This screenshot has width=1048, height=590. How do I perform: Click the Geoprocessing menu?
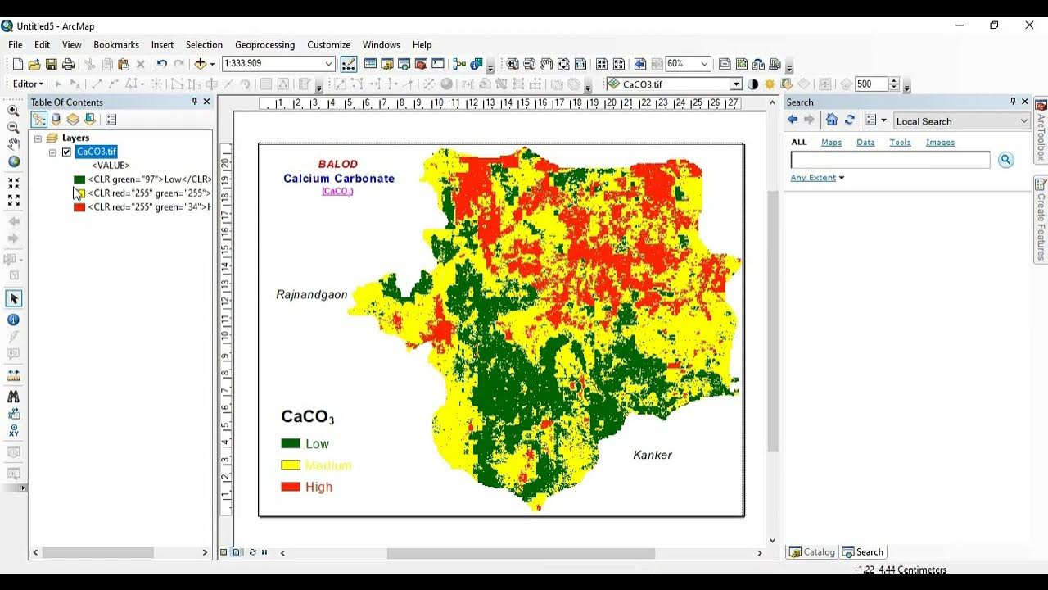(264, 45)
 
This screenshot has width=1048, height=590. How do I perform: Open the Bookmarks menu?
(116, 45)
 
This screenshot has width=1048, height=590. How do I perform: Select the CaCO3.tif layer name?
(97, 152)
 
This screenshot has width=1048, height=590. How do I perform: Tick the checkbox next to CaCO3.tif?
(66, 152)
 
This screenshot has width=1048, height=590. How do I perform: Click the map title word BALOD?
(338, 164)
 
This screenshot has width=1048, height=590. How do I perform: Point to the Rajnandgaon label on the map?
(311, 294)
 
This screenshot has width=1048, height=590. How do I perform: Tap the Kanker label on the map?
(652, 455)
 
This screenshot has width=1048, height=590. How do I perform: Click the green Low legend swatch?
(291, 443)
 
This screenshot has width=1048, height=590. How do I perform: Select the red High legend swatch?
(291, 487)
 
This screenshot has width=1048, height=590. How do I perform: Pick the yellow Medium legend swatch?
(291, 465)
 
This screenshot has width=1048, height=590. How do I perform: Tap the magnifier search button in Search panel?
(1005, 161)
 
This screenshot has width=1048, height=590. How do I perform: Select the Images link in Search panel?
(940, 143)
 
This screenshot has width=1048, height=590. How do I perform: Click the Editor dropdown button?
(28, 84)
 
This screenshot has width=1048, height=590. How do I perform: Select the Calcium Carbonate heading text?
(339, 179)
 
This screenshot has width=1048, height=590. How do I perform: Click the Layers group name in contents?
(75, 138)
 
